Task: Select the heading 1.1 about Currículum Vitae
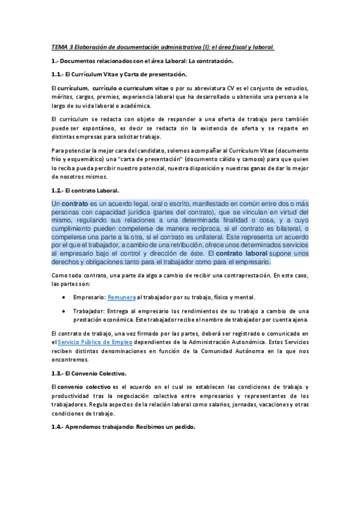click(119, 74)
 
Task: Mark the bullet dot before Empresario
click(64, 297)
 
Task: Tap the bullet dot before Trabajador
click(64, 310)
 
